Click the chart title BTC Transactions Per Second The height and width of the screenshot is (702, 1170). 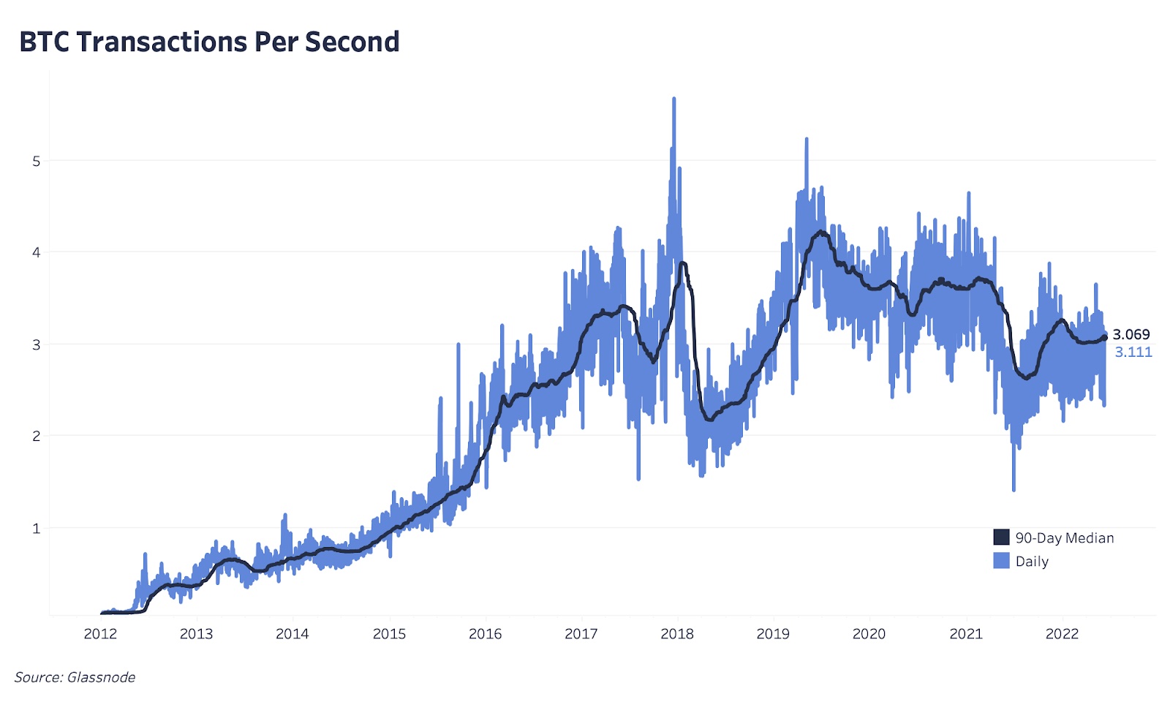[x=209, y=42]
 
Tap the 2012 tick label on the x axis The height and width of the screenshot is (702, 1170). [x=100, y=634]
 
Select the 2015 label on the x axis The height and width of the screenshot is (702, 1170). [x=389, y=634]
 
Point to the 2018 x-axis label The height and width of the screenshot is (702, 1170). [x=677, y=634]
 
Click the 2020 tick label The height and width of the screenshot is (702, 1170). [x=869, y=634]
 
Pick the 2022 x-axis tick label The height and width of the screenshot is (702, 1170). [x=1062, y=634]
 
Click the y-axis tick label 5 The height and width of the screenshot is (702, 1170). [x=37, y=161]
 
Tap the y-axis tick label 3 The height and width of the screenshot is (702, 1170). [x=37, y=344]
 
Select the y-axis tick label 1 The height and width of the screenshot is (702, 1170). [x=37, y=528]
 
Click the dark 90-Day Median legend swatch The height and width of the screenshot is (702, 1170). [x=1001, y=537]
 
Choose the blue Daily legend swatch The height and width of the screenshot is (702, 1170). [x=1001, y=561]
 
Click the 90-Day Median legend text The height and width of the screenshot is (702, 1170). [x=1065, y=538]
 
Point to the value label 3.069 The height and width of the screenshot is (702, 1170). [x=1131, y=335]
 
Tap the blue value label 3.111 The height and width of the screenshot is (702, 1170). [x=1133, y=352]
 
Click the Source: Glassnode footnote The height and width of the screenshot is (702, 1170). [x=75, y=677]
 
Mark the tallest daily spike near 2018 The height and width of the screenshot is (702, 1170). [x=673, y=99]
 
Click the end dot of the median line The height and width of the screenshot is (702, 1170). [x=1104, y=337]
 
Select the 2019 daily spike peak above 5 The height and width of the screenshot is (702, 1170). [x=807, y=139]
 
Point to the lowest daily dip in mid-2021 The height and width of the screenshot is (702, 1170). [x=1014, y=489]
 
